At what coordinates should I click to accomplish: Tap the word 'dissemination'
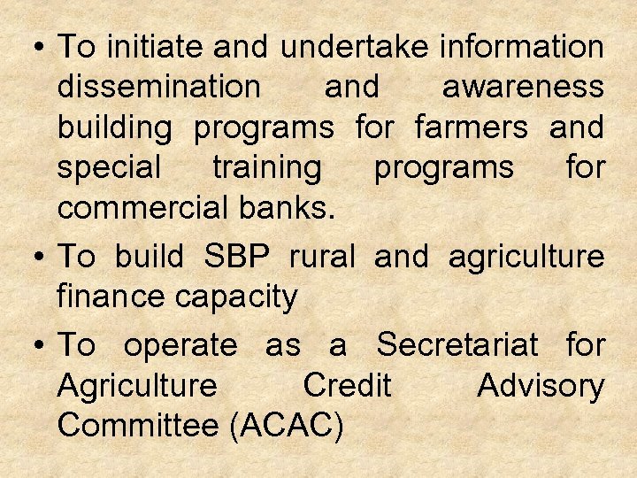pos(158,88)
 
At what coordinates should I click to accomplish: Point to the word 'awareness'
pos(523,88)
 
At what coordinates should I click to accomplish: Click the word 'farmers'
pos(471,128)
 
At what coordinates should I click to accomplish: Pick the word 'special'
pos(109,168)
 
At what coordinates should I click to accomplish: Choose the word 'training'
pos(267,168)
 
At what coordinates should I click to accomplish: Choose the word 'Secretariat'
pos(457,345)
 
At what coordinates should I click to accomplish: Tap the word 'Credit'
pos(346,386)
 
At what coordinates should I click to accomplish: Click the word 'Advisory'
pos(541,387)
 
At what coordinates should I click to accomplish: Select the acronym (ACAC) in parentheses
pos(286,427)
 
